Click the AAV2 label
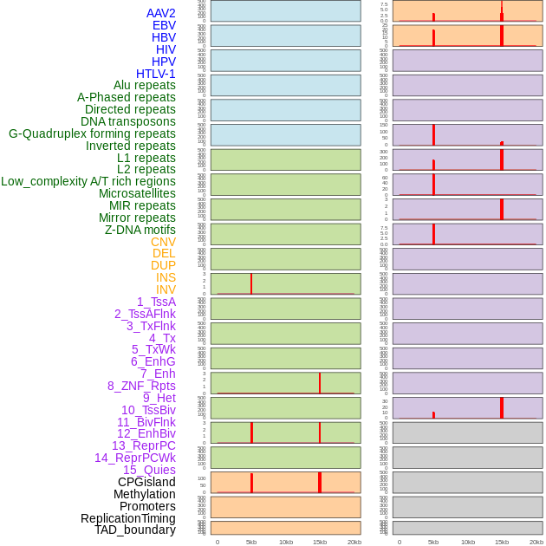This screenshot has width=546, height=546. click(x=161, y=13)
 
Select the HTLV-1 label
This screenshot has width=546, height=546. click(x=156, y=74)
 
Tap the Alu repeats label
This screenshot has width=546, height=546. click(x=145, y=85)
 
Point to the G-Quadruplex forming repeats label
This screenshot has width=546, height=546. click(x=92, y=133)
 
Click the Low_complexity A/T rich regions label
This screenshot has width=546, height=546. click(x=88, y=181)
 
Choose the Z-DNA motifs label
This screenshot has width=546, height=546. click(x=140, y=230)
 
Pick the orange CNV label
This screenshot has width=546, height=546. click(x=163, y=242)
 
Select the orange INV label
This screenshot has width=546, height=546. click(x=166, y=289)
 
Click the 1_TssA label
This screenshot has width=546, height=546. click(x=156, y=302)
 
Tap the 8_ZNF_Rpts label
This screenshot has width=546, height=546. click(x=141, y=386)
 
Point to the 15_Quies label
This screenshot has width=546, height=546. click(x=149, y=470)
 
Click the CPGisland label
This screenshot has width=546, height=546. click(x=146, y=482)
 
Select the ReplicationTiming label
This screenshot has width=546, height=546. click(x=128, y=518)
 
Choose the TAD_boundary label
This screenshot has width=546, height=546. click(x=135, y=530)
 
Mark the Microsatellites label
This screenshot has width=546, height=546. click(x=137, y=193)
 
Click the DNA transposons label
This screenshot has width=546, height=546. click(x=128, y=121)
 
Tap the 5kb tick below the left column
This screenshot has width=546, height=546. click(x=251, y=542)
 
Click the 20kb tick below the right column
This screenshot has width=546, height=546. click(x=536, y=542)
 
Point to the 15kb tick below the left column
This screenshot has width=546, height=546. click(x=320, y=542)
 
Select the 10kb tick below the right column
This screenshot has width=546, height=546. click(x=468, y=542)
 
